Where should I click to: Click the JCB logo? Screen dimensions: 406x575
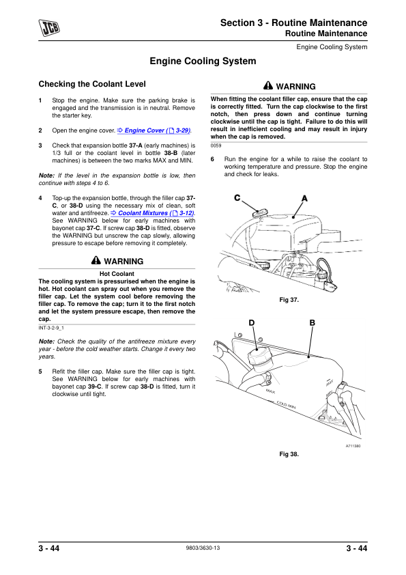point(49,27)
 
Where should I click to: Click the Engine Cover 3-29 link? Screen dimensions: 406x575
point(154,130)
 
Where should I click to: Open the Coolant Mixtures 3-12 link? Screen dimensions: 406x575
point(152,213)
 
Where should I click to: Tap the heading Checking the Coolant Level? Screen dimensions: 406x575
point(92,84)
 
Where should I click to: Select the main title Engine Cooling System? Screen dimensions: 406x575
point(203,61)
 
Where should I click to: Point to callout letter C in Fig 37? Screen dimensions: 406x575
point(237,197)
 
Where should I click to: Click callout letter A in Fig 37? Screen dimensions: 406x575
point(304,199)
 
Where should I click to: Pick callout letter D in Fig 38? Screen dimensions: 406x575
point(251,323)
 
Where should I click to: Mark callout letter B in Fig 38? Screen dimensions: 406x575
point(313,323)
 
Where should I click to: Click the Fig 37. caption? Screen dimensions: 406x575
point(289,300)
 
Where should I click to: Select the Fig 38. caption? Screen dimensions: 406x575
point(289,454)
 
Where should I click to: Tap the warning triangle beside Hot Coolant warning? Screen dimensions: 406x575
point(96,260)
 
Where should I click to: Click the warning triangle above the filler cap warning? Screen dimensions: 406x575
point(268,85)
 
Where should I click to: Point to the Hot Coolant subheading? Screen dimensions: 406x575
point(117,274)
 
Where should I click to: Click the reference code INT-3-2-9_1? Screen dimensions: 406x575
point(51,328)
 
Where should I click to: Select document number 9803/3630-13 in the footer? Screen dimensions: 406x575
point(203,548)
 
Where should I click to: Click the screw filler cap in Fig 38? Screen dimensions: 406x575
point(259,356)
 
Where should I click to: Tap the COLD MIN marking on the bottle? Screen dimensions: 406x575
point(286,405)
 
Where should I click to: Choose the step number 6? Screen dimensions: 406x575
point(212,159)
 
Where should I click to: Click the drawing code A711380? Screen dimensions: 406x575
point(353,446)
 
